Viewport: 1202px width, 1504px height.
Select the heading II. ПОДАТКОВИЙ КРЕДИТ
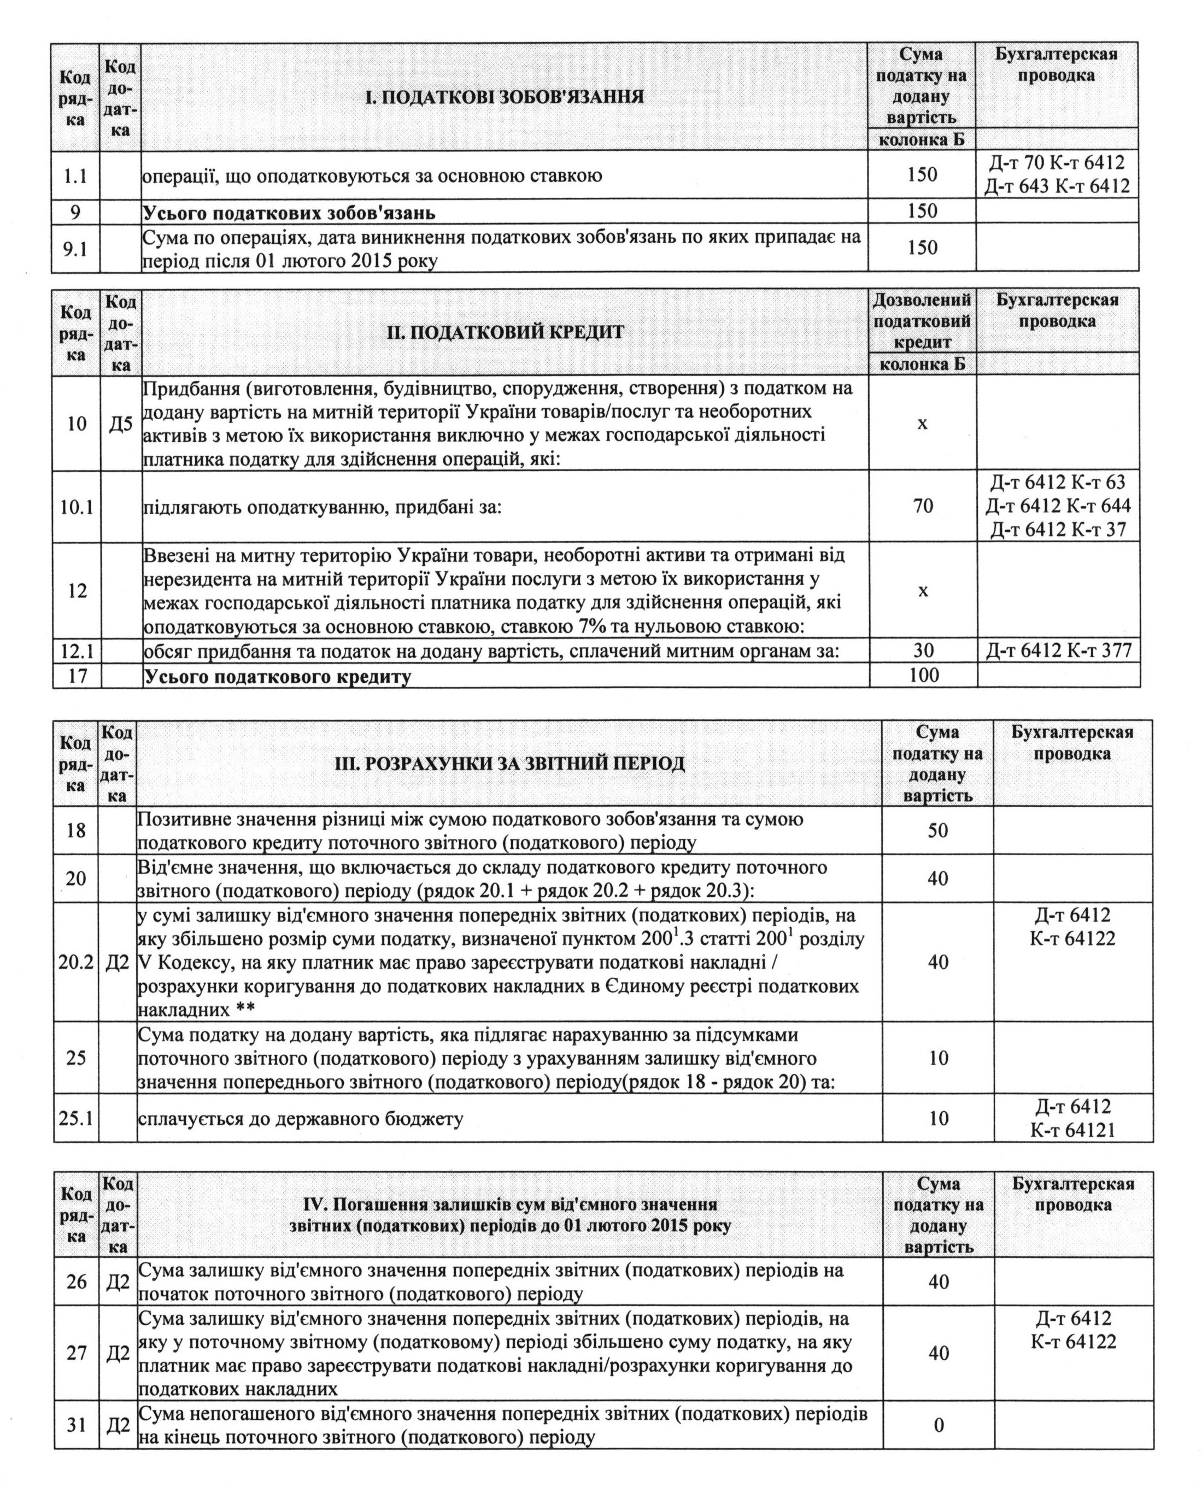(x=505, y=332)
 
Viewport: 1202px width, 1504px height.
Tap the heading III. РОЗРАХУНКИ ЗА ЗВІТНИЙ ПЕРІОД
(x=509, y=763)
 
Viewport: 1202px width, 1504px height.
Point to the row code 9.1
(x=75, y=248)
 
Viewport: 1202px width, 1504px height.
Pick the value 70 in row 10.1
(x=922, y=506)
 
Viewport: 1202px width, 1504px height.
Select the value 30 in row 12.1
(x=923, y=650)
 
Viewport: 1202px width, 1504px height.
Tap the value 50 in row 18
(x=937, y=830)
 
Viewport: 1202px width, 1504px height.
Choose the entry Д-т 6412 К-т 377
(x=1058, y=650)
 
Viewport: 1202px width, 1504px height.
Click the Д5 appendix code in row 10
(x=121, y=424)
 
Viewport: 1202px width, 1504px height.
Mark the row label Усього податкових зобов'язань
(x=290, y=212)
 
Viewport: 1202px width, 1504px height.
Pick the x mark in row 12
(x=922, y=591)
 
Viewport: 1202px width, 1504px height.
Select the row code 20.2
(x=76, y=962)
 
